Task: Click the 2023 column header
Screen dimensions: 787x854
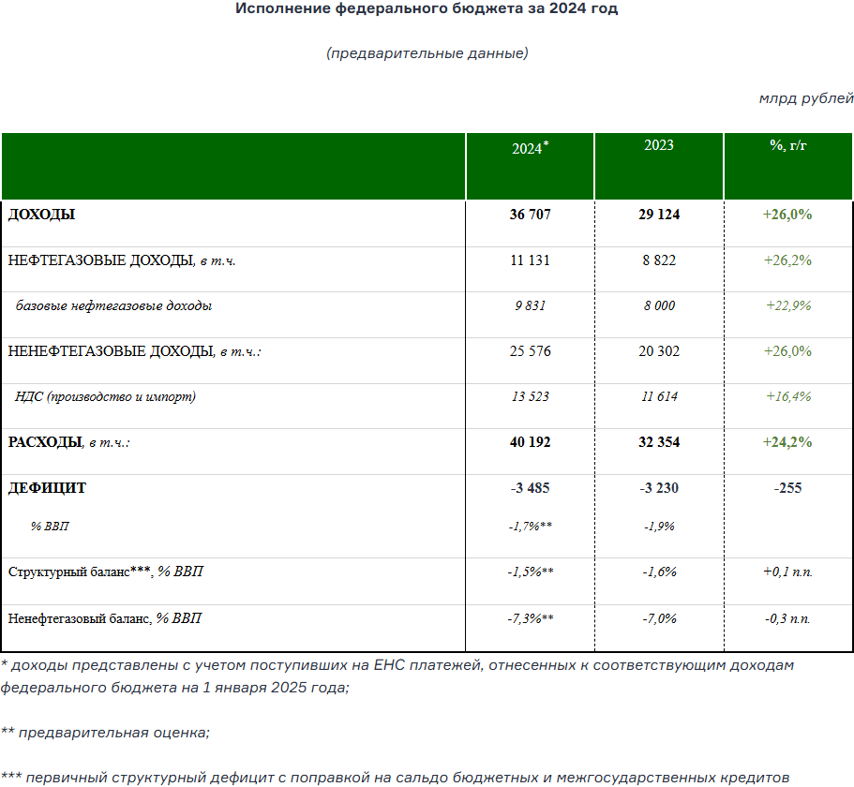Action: pyautogui.click(x=659, y=145)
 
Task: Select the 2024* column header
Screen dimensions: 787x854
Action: pyautogui.click(x=530, y=148)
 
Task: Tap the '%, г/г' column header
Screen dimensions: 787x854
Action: pyautogui.click(x=787, y=145)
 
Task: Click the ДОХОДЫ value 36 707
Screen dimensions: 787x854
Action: pyautogui.click(x=530, y=215)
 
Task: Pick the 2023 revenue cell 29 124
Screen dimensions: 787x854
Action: pyautogui.click(x=659, y=215)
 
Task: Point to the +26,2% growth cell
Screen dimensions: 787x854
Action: pyautogui.click(x=787, y=260)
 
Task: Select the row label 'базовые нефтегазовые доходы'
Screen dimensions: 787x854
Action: pyautogui.click(x=113, y=305)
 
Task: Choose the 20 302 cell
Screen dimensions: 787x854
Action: pyautogui.click(x=659, y=351)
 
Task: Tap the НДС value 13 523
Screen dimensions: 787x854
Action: pyautogui.click(x=530, y=396)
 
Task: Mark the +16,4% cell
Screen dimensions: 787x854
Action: pyautogui.click(x=787, y=396)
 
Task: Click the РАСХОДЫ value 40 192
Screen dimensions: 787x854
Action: pyautogui.click(x=530, y=442)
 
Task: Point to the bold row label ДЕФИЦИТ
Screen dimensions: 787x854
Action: pyautogui.click(x=47, y=488)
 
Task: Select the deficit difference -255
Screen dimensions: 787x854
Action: pyautogui.click(x=787, y=488)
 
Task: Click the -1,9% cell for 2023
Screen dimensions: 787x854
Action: pyautogui.click(x=659, y=527)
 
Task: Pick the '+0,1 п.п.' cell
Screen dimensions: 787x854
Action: pyautogui.click(x=787, y=572)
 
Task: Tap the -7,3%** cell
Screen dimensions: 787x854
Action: pyautogui.click(x=530, y=618)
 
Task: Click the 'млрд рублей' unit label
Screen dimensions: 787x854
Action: pyautogui.click(x=806, y=97)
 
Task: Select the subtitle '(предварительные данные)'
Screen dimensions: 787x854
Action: pyautogui.click(x=427, y=53)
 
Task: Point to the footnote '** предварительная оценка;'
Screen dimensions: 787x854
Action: pyautogui.click(x=105, y=733)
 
